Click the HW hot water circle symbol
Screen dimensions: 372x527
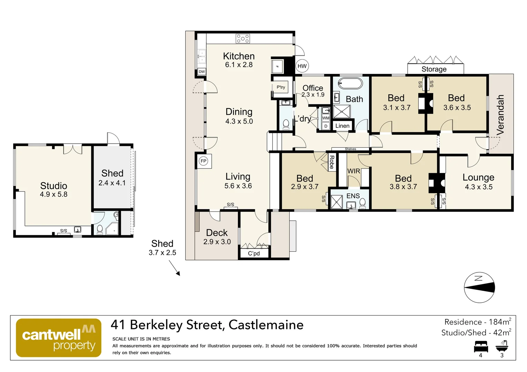click(x=302, y=66)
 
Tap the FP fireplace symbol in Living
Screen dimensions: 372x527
click(x=203, y=161)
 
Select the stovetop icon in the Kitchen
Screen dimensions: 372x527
click(x=243, y=39)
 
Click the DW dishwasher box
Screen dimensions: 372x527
click(x=202, y=72)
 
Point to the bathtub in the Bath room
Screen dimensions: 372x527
click(x=350, y=83)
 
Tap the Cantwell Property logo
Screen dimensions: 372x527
click(x=59, y=338)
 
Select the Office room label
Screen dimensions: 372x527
click(x=313, y=88)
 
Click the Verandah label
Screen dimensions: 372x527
click(x=500, y=115)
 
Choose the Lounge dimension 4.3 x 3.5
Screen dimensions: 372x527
click(x=478, y=187)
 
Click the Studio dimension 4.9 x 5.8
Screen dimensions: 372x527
click(x=53, y=194)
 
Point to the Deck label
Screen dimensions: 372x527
click(x=217, y=233)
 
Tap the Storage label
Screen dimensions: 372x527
click(x=434, y=69)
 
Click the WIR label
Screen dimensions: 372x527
click(x=354, y=171)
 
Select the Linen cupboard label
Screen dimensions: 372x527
click(x=342, y=126)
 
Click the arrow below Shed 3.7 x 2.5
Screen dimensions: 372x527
click(x=174, y=268)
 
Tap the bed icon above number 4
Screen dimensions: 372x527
click(x=481, y=345)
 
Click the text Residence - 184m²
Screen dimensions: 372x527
click(x=477, y=322)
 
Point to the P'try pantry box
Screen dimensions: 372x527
click(x=281, y=87)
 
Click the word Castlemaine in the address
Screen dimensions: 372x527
click(x=266, y=325)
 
